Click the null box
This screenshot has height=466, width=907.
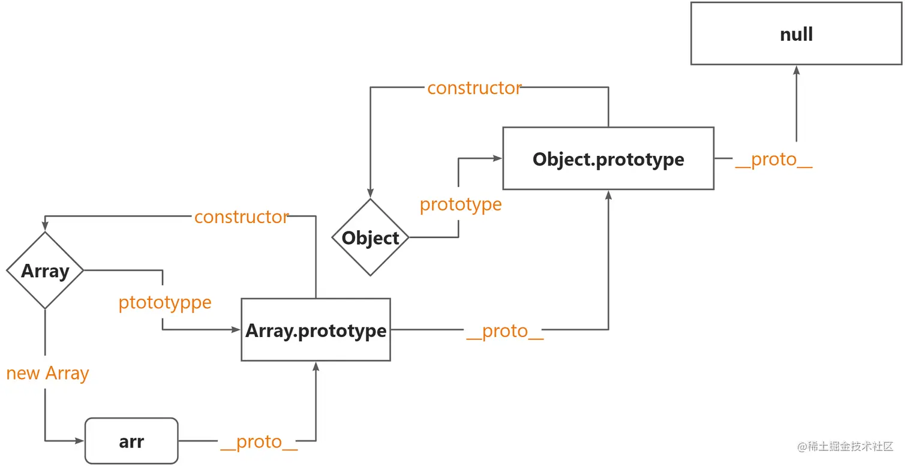pyautogui.click(x=796, y=34)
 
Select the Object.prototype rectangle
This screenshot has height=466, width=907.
pyautogui.click(x=608, y=159)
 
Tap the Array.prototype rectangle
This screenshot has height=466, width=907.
pyautogui.click(x=316, y=330)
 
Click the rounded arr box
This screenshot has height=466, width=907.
pyautogui.click(x=131, y=441)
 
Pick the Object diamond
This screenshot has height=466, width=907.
pyautogui.click(x=370, y=237)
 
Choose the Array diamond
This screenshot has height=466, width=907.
pyautogui.click(x=45, y=270)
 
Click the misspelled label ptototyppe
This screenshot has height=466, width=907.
pyautogui.click(x=165, y=302)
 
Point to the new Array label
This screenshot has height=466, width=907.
pyautogui.click(x=47, y=373)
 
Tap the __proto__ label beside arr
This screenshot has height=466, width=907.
pyautogui.click(x=259, y=441)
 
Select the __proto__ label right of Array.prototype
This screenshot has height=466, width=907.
pyautogui.click(x=504, y=330)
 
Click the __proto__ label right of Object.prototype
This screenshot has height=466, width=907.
pyautogui.click(x=773, y=160)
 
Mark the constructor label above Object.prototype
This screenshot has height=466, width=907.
pyautogui.click(x=474, y=88)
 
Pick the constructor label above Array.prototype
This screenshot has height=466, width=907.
pyautogui.click(x=242, y=217)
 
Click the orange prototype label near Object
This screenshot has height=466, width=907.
pyautogui.click(x=461, y=205)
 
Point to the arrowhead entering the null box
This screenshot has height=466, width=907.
pyautogui.click(x=797, y=70)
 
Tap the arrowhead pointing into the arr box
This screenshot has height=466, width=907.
pyautogui.click(x=80, y=441)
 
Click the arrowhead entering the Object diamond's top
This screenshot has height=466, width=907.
pyautogui.click(x=370, y=193)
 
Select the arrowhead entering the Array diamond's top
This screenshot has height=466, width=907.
pyautogui.click(x=45, y=226)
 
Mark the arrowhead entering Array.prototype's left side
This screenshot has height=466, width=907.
pyautogui.click(x=236, y=330)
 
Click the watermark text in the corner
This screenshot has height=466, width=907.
pyautogui.click(x=845, y=446)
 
